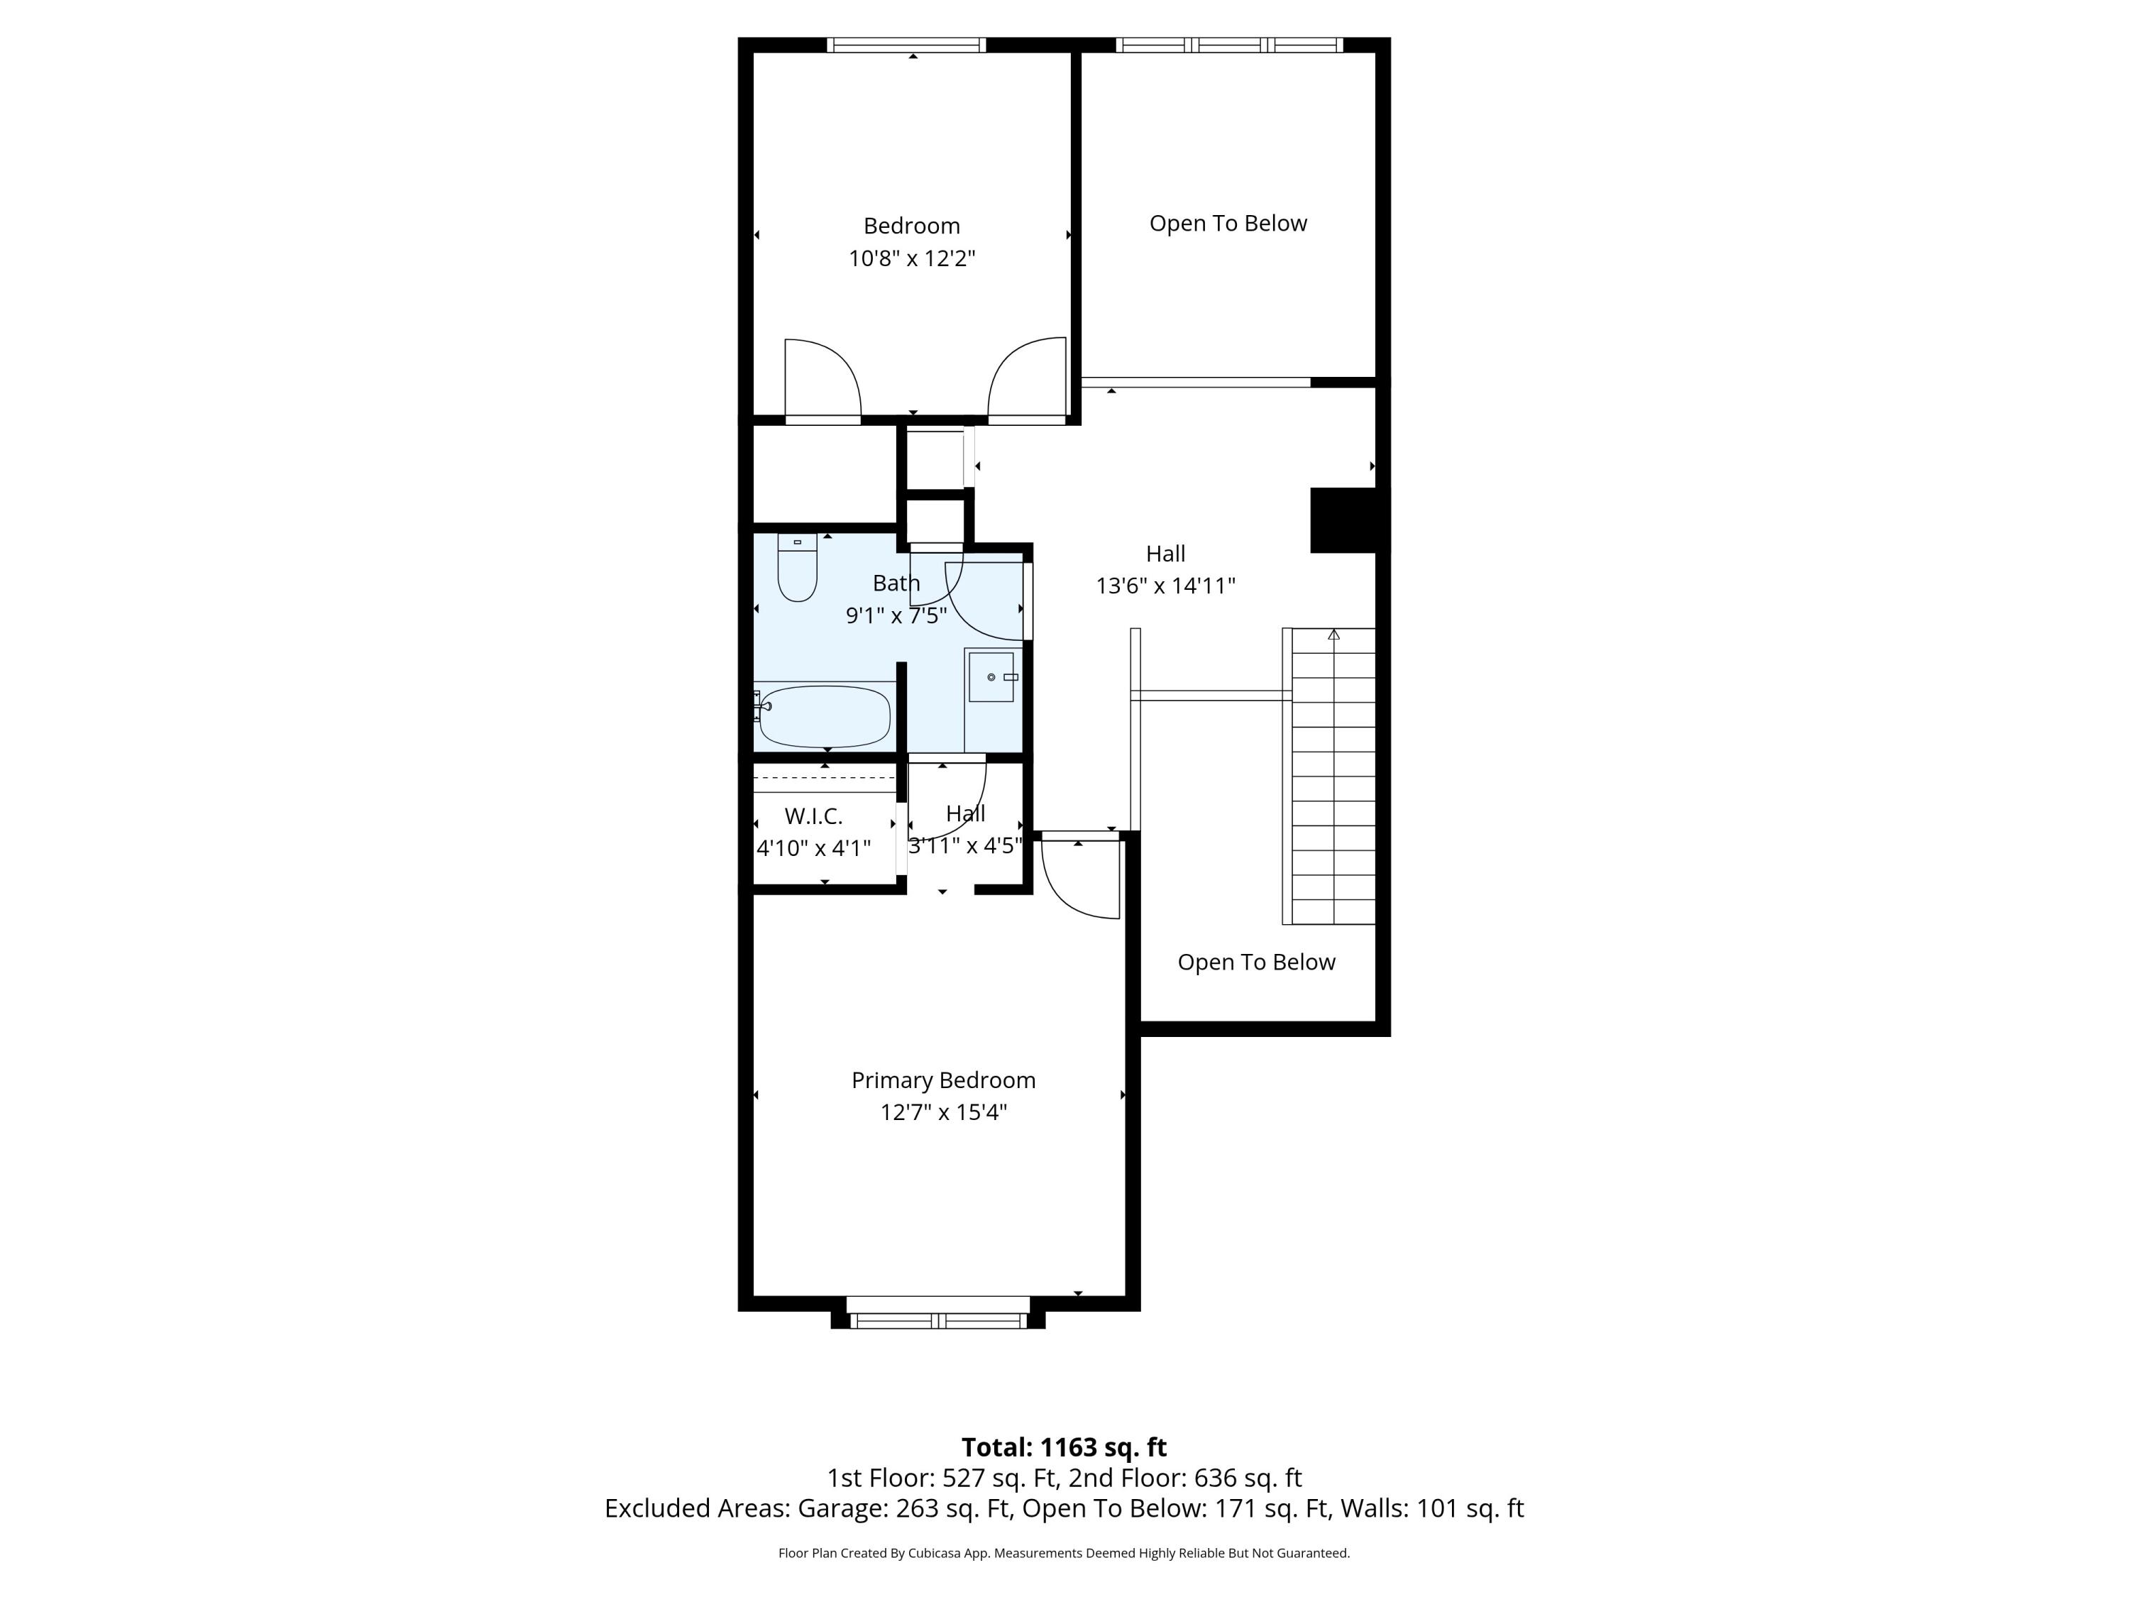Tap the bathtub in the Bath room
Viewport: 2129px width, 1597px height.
pos(825,716)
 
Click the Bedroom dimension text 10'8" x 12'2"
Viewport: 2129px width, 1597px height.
pos(911,258)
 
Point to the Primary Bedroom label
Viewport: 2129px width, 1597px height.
pos(943,1080)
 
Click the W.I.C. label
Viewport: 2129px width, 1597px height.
pos(813,816)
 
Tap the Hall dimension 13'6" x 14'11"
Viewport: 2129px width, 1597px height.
pos(1165,586)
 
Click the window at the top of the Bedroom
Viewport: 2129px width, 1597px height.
pos(907,44)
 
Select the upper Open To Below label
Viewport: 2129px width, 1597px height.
pos(1228,224)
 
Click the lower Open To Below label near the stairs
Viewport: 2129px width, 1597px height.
pos(1256,962)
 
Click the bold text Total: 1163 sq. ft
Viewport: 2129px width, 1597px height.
pos(1064,1447)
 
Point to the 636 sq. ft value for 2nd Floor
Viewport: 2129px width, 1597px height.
pos(1248,1478)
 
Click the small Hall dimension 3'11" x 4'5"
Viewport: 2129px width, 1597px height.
pos(964,845)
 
